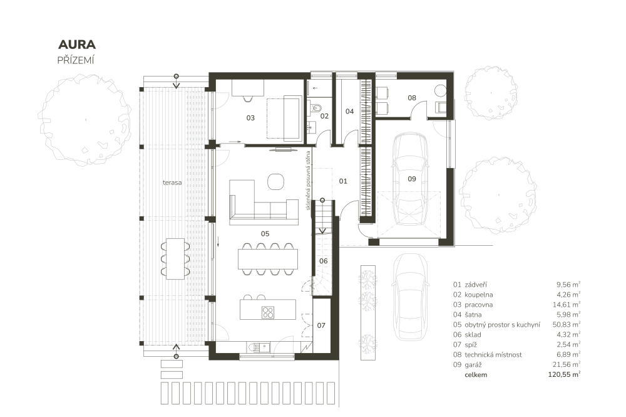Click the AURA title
click(x=77, y=45)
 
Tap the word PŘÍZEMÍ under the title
click(x=76, y=60)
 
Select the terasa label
click(x=172, y=182)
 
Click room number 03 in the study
click(x=250, y=118)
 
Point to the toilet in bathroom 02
click(x=316, y=108)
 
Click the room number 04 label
click(x=350, y=111)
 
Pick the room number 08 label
click(x=412, y=98)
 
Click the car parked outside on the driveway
click(x=411, y=297)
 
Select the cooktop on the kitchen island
click(x=268, y=312)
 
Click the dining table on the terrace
click(x=175, y=259)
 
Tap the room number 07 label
click(x=321, y=325)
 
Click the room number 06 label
click(x=324, y=261)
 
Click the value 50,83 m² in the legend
click(x=567, y=324)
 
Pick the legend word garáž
click(x=473, y=365)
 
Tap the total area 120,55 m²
click(x=564, y=374)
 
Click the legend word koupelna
click(x=479, y=295)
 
